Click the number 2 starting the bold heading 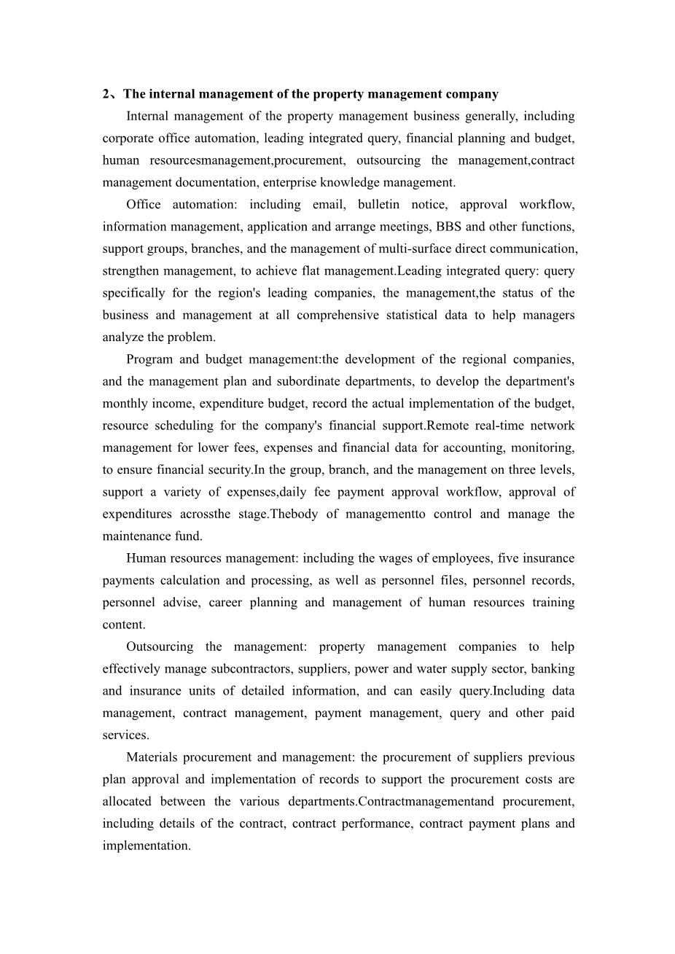pyautogui.click(x=106, y=94)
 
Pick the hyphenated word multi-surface pyautogui.click(x=415, y=249)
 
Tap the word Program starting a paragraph pyautogui.click(x=149, y=359)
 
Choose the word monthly pyautogui.click(x=125, y=403)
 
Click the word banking pyautogui.click(x=553, y=668)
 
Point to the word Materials pyautogui.click(x=151, y=757)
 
